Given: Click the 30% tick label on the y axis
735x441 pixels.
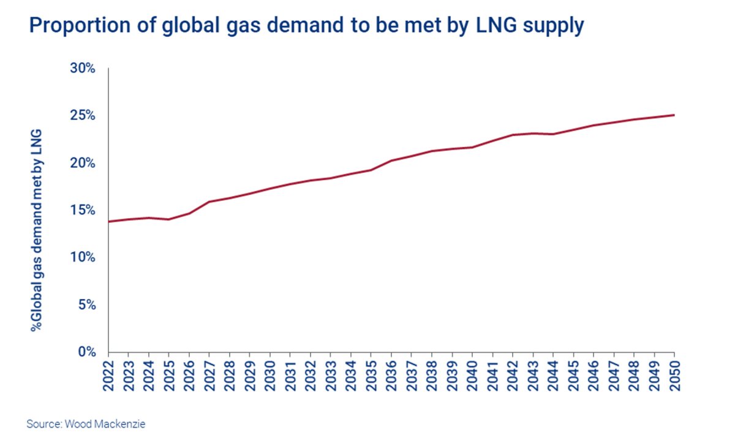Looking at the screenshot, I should pyautogui.click(x=83, y=69).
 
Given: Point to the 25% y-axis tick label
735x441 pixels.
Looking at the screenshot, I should pyautogui.click(x=83, y=116).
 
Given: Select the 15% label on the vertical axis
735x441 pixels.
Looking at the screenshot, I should pyautogui.click(x=83, y=210).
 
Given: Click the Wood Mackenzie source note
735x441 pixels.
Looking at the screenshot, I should pyautogui.click(x=86, y=423).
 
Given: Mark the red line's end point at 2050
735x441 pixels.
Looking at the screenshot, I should pyautogui.click(x=674, y=115).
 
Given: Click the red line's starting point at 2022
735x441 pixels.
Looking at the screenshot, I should pyautogui.click(x=108, y=222).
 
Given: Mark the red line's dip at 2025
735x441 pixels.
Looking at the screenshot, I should pyautogui.click(x=169, y=219).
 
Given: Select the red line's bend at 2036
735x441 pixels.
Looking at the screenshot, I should pyautogui.click(x=391, y=160).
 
